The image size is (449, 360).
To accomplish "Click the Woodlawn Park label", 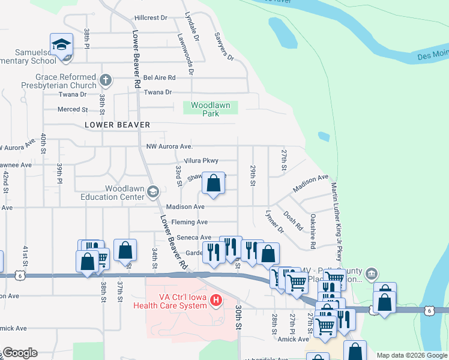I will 210,109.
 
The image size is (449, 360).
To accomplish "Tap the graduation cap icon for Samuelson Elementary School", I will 61,46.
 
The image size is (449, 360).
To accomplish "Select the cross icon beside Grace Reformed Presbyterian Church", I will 105,80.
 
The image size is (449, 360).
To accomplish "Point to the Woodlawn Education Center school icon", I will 152,191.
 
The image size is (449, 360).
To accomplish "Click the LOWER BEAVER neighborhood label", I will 116,125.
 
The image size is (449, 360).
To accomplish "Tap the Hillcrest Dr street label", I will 151,19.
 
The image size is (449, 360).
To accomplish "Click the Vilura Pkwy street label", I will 201,161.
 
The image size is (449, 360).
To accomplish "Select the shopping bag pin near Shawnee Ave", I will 213,184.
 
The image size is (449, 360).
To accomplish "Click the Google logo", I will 19,353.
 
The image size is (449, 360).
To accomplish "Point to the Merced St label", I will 72,109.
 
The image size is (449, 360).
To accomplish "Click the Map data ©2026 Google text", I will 412,355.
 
